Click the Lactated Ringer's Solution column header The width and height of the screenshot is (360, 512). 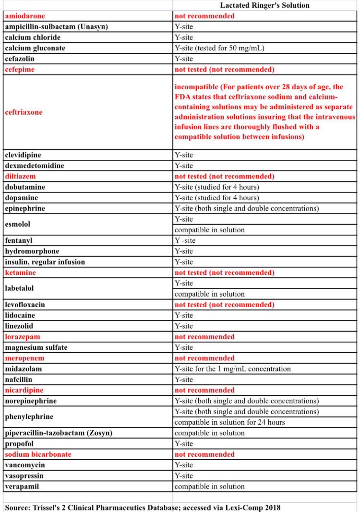265,5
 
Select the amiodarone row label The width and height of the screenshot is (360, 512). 25,16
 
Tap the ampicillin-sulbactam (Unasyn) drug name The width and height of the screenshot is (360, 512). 56,27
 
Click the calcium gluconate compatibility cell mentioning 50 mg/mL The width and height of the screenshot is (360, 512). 219,48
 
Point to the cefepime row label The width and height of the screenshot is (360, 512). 20,69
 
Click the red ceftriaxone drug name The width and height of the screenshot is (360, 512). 23,112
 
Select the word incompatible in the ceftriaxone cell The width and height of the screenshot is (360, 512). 196,87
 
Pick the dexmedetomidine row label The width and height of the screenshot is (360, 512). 34,166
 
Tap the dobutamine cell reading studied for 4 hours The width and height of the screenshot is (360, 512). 217,187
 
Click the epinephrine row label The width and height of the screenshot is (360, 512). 25,208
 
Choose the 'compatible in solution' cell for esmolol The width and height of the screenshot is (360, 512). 209,230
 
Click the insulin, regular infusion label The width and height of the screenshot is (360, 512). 45,262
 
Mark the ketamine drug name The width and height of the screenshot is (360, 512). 20,273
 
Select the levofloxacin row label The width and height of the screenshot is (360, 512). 25,305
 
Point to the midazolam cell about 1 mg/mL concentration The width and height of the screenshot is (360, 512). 232,369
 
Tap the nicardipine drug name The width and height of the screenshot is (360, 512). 24,390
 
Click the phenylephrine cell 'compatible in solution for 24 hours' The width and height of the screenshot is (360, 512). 230,422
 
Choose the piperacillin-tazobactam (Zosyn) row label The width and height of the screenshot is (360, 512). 59,433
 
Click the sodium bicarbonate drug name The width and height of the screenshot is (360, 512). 38,454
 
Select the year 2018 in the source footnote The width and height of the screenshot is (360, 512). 273,508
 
